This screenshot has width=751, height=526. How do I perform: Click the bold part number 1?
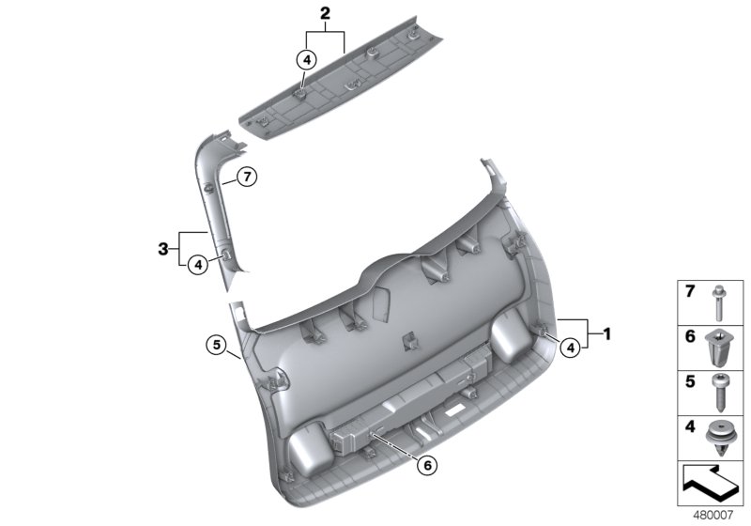[607, 333]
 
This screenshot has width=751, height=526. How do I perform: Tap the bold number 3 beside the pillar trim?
[164, 249]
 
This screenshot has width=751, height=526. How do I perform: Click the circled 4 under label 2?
[306, 59]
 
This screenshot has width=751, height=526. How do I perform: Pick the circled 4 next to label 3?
[197, 265]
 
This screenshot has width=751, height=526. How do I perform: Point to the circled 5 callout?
[217, 346]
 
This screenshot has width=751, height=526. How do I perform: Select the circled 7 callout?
[245, 176]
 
